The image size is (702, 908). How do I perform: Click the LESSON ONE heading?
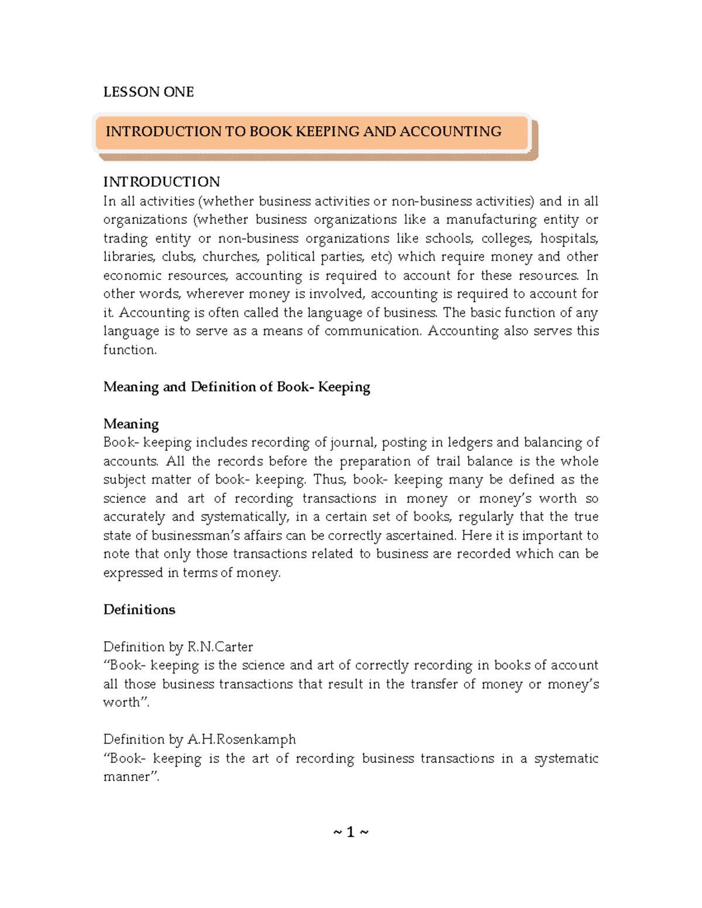(148, 92)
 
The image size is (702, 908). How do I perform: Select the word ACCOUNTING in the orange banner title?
(450, 132)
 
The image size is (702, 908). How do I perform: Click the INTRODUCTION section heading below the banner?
(161, 182)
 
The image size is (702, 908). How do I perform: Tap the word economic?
(132, 275)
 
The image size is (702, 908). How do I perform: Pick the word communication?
(373, 331)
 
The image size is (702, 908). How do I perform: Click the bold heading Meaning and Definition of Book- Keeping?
(236, 387)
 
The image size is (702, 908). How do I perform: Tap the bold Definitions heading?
(139, 610)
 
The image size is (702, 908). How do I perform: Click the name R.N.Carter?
(220, 647)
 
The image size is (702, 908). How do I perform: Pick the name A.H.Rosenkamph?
(241, 740)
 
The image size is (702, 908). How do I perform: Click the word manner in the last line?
(130, 777)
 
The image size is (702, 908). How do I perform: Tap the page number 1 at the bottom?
(350, 832)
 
